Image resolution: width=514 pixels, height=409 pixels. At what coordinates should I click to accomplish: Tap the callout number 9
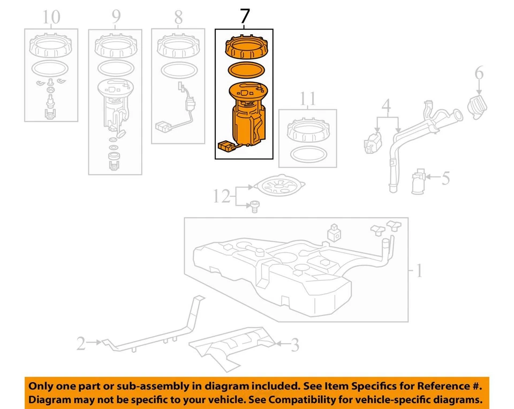point(116,17)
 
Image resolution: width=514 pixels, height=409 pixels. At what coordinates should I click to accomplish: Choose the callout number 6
point(479,72)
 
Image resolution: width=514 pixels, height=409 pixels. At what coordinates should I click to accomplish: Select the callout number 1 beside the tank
point(418,272)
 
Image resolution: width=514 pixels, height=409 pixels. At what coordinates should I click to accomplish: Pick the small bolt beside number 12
point(254,205)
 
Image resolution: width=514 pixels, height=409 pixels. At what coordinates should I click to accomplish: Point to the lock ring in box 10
point(51,45)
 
